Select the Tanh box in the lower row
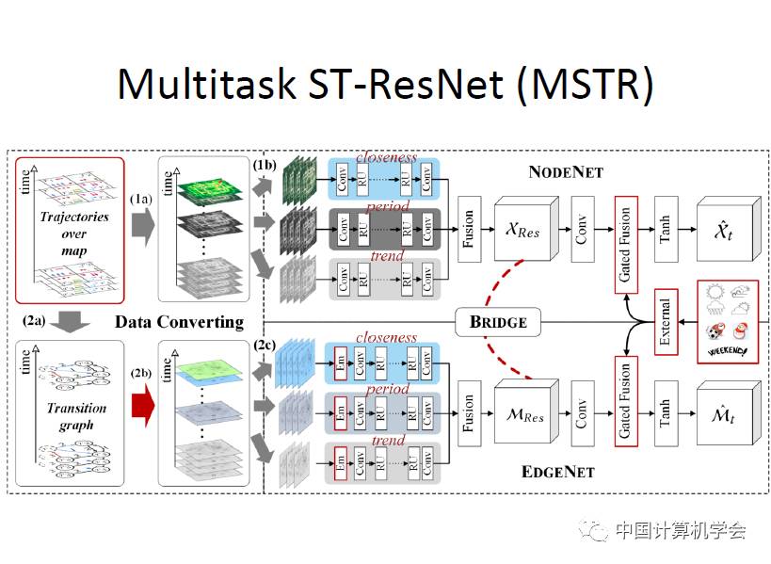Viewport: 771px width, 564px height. tap(666, 411)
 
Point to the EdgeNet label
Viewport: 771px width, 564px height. tap(557, 471)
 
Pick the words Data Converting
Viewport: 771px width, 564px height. tap(179, 322)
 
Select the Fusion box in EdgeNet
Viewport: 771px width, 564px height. tap(468, 411)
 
